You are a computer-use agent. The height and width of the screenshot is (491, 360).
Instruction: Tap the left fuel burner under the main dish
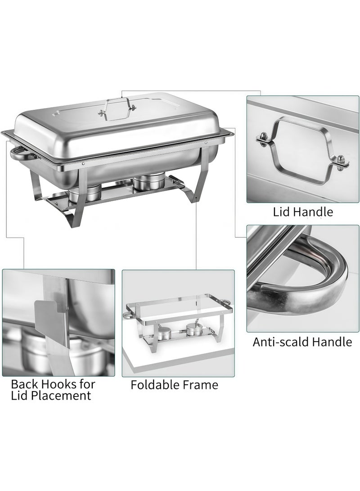click(85, 194)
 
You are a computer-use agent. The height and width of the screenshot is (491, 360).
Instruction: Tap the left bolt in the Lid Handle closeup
click(262, 139)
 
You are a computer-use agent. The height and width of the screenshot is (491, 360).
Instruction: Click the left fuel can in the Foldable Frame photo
click(163, 333)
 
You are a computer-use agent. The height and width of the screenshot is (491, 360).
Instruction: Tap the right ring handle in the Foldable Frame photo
click(227, 303)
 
